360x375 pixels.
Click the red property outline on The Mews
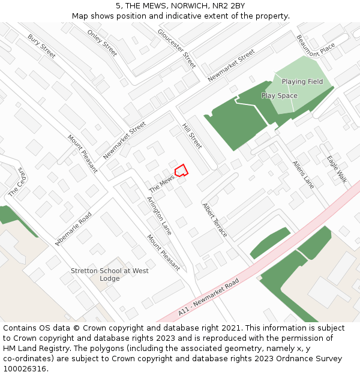pyautogui.click(x=181, y=170)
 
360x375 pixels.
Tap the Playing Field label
pyautogui.click(x=302, y=82)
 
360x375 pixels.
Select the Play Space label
pyautogui.click(x=279, y=96)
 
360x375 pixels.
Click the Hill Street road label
pyautogui.click(x=192, y=136)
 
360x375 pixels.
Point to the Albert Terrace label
pyautogui.click(x=214, y=220)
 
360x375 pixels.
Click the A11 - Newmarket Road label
pyautogui.click(x=208, y=298)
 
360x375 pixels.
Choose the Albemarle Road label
pyautogui.click(x=73, y=229)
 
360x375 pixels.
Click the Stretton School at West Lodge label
pyautogui.click(x=110, y=275)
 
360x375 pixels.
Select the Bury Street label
pyautogui.click(x=41, y=46)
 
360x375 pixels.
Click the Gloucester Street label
pyautogui.click(x=176, y=48)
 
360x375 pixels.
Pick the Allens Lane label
pyautogui.click(x=303, y=175)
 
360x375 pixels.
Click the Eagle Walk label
pyautogui.click(x=337, y=169)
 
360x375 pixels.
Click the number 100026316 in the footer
pyautogui.click(x=24, y=368)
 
